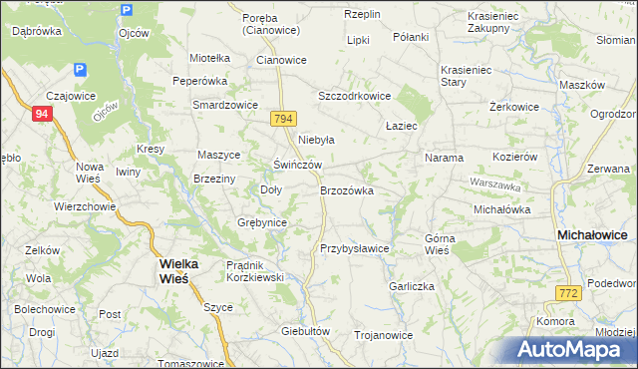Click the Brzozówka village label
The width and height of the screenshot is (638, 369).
pos(347,189)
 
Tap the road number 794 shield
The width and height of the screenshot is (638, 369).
pos(283,119)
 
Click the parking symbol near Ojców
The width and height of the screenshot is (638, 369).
pos(126,11)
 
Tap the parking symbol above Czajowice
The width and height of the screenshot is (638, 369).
pos(80,71)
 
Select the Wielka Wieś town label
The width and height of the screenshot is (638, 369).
pos(179,270)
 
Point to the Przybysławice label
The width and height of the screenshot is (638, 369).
pos(354,248)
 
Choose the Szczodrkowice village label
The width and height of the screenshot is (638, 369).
pos(353,96)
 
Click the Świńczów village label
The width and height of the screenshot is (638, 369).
pos(297,165)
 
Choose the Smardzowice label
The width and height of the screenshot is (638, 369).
pos(225,104)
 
